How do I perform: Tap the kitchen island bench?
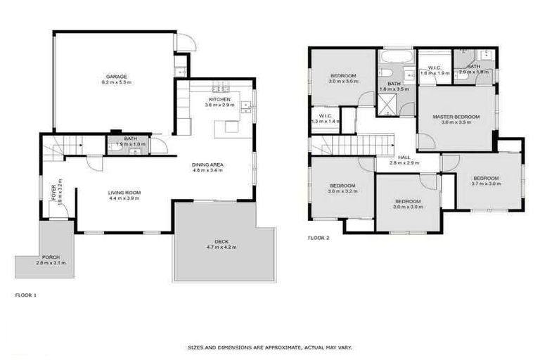point(231,127)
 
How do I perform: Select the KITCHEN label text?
point(219,99)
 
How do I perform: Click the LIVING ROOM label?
point(124,193)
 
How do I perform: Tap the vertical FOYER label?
point(53,191)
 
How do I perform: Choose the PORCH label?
point(50,257)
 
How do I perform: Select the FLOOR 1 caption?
point(26,295)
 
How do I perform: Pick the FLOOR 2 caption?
point(319,238)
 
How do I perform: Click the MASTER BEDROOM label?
point(456,117)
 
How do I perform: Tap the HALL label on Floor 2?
point(404,157)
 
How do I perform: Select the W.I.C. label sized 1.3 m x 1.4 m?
point(325,115)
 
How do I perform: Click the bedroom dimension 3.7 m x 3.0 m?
point(486,184)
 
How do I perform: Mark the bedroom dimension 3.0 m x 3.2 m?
point(343,191)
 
